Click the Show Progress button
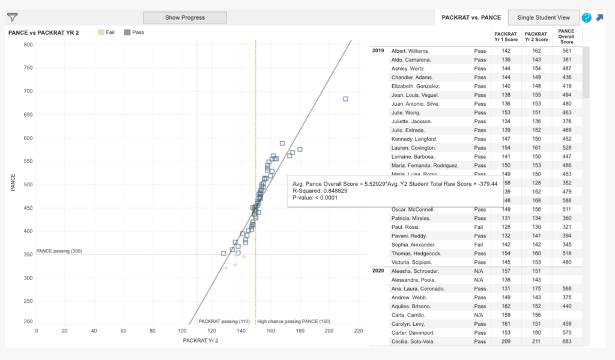(185, 17)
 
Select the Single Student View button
(544, 17)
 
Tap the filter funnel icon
(12, 17)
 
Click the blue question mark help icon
(587, 18)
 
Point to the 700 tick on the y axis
(28, 91)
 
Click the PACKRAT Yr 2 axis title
(201, 341)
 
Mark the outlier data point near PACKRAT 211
(345, 99)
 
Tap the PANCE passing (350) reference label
(59, 251)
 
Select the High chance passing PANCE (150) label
(294, 322)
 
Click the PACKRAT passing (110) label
(224, 322)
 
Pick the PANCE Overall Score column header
(566, 36)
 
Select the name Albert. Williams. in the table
(410, 51)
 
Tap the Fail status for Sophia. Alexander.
(480, 245)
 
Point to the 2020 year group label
(378, 271)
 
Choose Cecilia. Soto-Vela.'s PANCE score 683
(566, 342)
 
